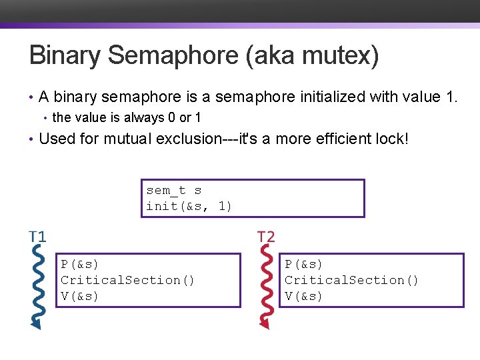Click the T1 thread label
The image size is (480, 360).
coord(37,237)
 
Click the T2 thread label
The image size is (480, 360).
coord(265,237)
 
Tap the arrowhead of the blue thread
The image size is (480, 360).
coord(35,323)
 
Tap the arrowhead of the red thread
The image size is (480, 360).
coord(265,323)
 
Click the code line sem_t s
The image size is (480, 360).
coord(174,191)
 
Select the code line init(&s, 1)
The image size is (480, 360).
coord(189,206)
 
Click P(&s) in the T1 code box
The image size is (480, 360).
coord(80,264)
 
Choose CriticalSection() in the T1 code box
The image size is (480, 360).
coord(128,280)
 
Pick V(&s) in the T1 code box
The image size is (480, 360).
coord(80,296)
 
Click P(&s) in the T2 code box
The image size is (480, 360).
coord(304,264)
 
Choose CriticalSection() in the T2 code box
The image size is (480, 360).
coord(352,280)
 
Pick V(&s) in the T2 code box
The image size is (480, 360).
coord(304,296)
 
